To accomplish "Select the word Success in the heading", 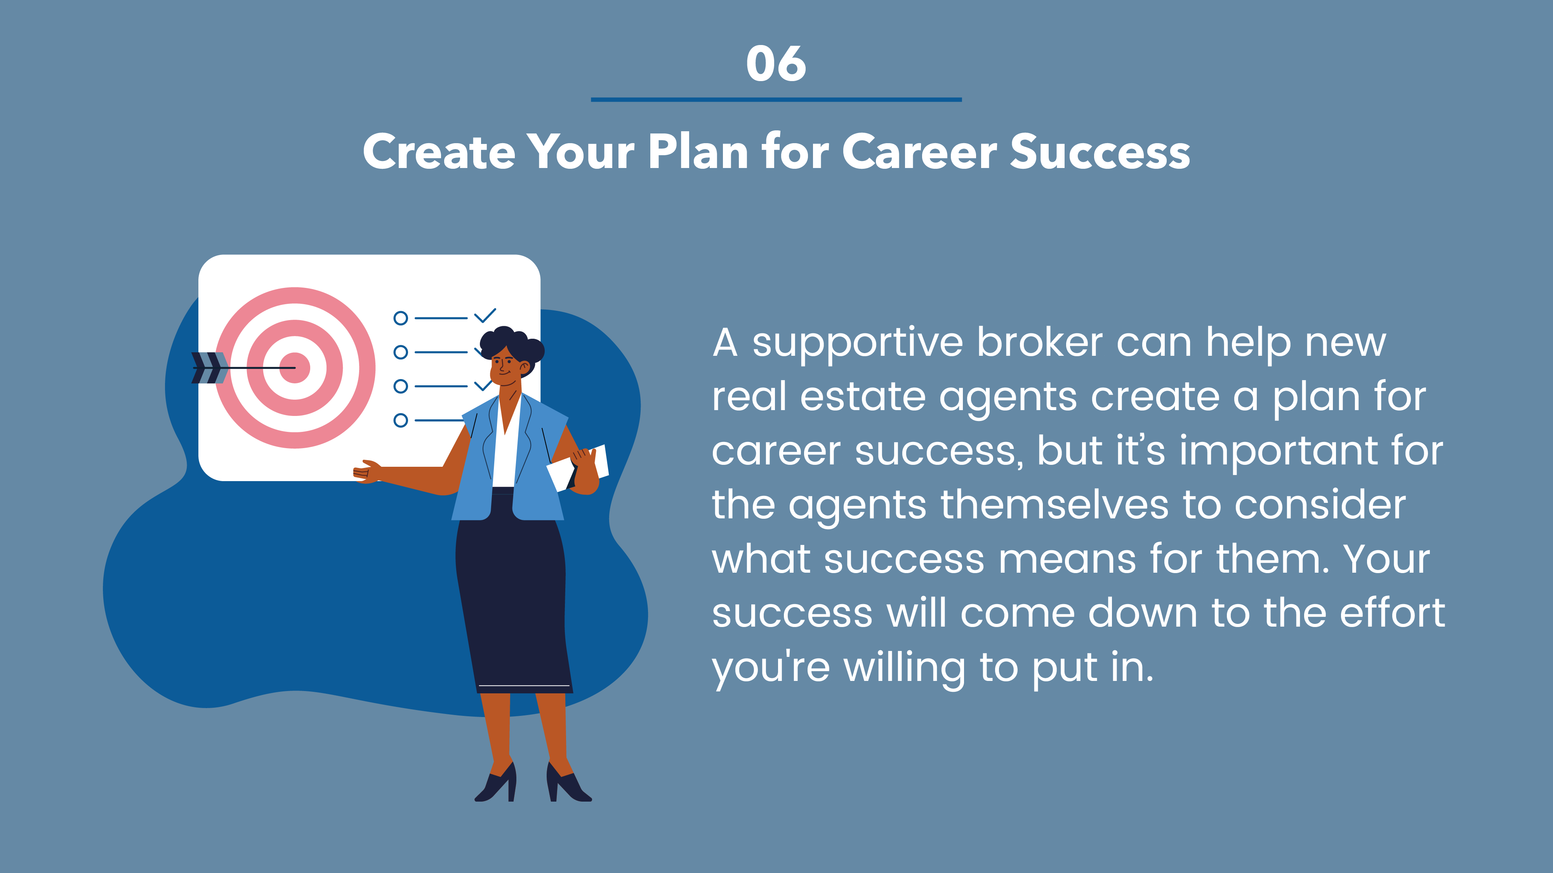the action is click(x=1100, y=151).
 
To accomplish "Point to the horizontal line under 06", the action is click(x=776, y=99).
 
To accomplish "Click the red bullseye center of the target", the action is click(x=295, y=367).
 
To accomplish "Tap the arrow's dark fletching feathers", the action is click(x=208, y=367).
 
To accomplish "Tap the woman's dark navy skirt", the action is click(x=512, y=596).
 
